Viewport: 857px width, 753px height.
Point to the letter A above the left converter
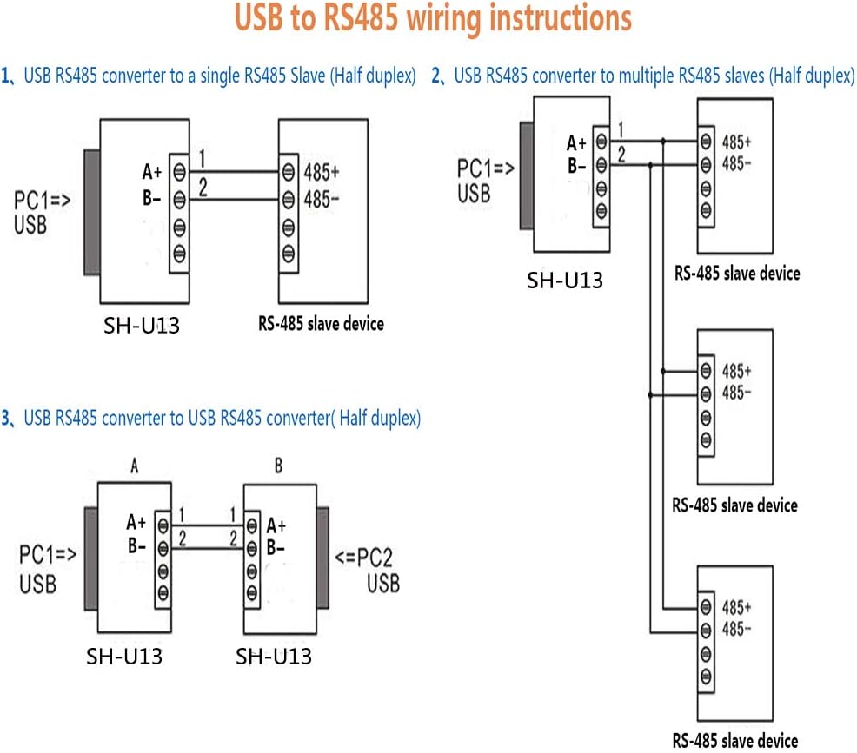[135, 466]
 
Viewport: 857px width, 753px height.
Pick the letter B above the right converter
[278, 466]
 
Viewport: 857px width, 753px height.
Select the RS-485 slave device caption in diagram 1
[321, 324]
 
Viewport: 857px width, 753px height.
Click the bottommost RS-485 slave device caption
[735, 740]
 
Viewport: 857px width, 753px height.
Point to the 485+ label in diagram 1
[321, 171]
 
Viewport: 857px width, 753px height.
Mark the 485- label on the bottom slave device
[736, 628]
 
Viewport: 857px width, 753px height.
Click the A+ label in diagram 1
[152, 172]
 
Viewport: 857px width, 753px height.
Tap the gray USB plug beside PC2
[322, 556]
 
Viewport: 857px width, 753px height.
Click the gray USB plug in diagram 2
[526, 174]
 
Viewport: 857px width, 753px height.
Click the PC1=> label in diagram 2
[484, 168]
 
